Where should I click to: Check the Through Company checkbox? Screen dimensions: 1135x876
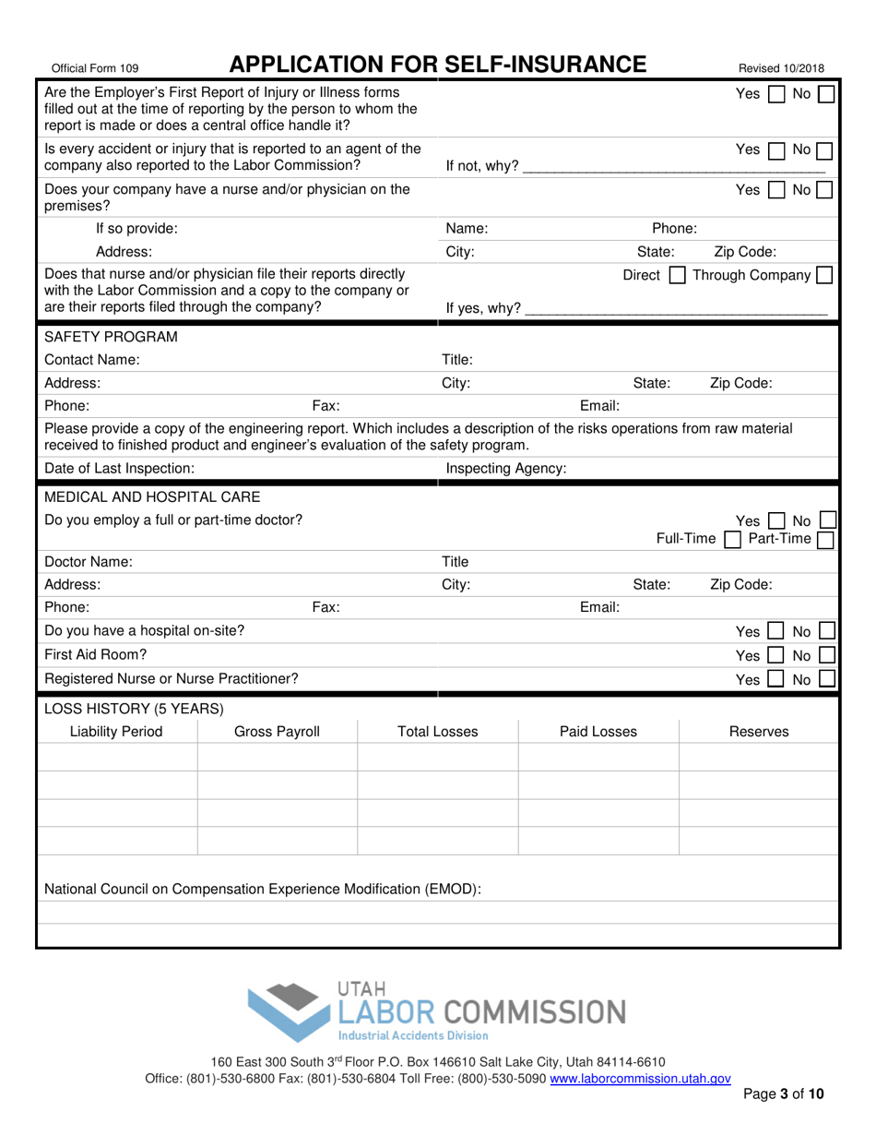click(x=825, y=276)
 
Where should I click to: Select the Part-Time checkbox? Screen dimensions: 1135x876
click(x=826, y=539)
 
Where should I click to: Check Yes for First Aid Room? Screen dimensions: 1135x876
click(x=775, y=656)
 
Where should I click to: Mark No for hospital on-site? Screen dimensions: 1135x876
click(x=827, y=632)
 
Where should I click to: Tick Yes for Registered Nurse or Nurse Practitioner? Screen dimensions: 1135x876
click(x=775, y=680)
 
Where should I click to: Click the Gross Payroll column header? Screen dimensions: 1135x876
click(x=277, y=732)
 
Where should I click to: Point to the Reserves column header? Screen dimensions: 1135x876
click(x=759, y=732)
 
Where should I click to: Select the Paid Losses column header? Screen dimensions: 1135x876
click(x=598, y=732)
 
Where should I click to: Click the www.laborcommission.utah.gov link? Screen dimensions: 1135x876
click(x=641, y=1078)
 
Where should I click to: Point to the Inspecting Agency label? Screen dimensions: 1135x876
click(x=505, y=470)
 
